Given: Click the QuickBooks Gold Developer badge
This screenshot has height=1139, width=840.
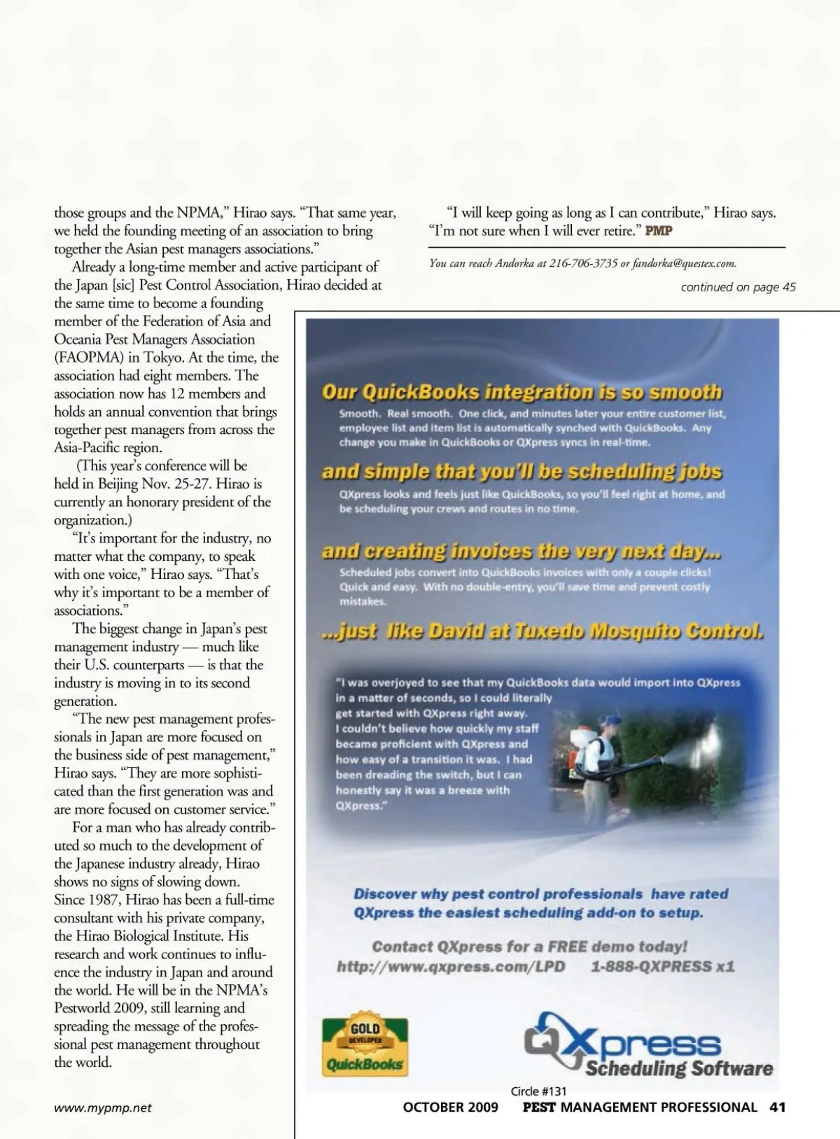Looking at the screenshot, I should pyautogui.click(x=365, y=1047).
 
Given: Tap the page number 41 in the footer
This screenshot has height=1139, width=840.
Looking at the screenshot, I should pyautogui.click(x=777, y=1107).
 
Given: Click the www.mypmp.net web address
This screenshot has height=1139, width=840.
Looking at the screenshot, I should pyautogui.click(x=103, y=1107).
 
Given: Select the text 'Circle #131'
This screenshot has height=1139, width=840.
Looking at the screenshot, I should pyautogui.click(x=538, y=1091).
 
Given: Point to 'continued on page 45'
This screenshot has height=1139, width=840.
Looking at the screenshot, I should pyautogui.click(x=738, y=286).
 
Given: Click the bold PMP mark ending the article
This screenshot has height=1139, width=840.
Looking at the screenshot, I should pyautogui.click(x=658, y=231).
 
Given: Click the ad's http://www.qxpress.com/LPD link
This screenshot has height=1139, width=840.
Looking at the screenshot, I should pyautogui.click(x=451, y=967).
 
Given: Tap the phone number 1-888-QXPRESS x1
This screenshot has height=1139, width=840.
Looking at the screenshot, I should pyautogui.click(x=662, y=967).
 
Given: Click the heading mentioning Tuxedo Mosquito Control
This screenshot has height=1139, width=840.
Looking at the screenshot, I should pyautogui.click(x=542, y=631).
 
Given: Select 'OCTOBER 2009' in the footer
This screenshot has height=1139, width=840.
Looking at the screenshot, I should pyautogui.click(x=451, y=1107).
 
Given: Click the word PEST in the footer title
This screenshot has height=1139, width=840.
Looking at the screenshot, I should pyautogui.click(x=539, y=1107).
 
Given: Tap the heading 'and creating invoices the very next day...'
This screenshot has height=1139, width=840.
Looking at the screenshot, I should pyautogui.click(x=521, y=552).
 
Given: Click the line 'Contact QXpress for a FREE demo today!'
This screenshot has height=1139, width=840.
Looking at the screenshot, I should pyautogui.click(x=530, y=946).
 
